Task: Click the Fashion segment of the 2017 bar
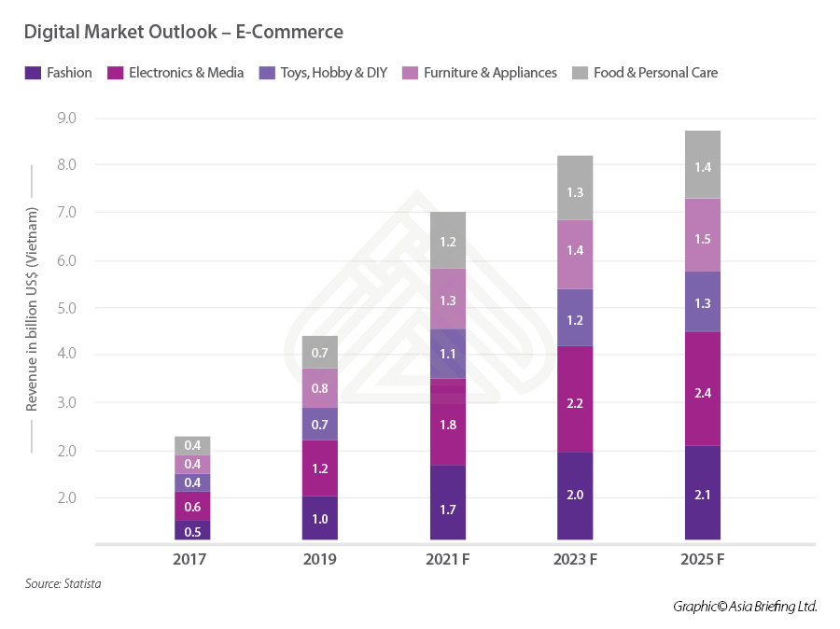(x=191, y=530)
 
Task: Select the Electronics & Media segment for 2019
(x=320, y=468)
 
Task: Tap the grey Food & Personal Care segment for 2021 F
(x=447, y=241)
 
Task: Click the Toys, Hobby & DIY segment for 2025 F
(x=702, y=301)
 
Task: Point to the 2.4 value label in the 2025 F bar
(x=702, y=393)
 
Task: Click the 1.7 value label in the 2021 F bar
(x=447, y=510)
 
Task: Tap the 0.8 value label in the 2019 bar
(x=320, y=389)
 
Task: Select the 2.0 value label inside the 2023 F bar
(x=574, y=495)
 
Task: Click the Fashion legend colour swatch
(x=32, y=72)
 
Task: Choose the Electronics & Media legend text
(x=186, y=72)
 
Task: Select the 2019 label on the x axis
(x=320, y=560)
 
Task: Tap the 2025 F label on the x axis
(x=702, y=560)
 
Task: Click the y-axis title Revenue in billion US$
(x=32, y=309)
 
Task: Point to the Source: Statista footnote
(x=63, y=584)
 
